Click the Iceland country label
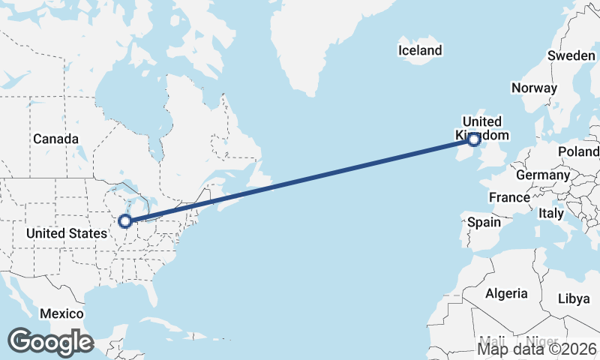(420, 51)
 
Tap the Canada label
(55, 139)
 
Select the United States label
(66, 233)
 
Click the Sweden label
(571, 55)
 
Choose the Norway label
(534, 88)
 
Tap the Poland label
(579, 151)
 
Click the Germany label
(543, 175)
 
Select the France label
(509, 197)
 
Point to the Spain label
(484, 222)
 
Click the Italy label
(551, 213)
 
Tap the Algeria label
(506, 293)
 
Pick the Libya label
(574, 298)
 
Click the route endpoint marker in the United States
(125, 220)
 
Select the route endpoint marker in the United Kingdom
(474, 139)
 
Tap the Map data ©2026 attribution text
(538, 349)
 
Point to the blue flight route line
(300, 180)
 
